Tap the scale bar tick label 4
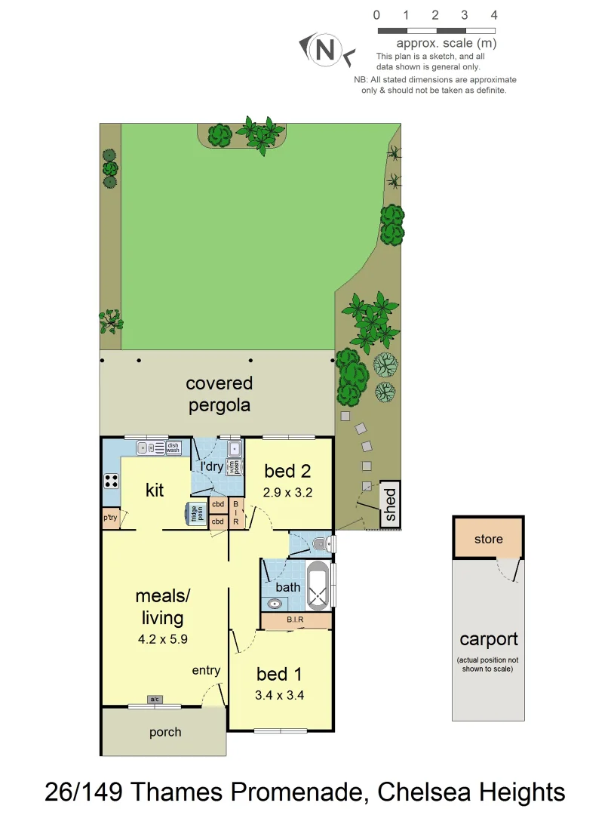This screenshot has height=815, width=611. (494, 15)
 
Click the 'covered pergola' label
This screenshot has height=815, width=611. (220, 394)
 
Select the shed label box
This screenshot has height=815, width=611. (390, 505)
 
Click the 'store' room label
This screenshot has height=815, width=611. (488, 539)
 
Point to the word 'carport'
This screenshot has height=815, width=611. (489, 640)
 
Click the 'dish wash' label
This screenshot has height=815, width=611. (173, 447)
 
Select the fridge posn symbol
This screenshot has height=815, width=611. (198, 513)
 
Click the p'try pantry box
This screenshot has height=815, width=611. (110, 518)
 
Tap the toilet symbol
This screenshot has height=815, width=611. (321, 542)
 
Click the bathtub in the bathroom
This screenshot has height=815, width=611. (318, 585)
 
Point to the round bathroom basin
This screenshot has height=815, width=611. (275, 603)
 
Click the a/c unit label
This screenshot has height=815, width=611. (155, 700)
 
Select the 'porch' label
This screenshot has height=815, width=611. (164, 732)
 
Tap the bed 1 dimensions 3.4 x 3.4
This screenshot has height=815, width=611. (281, 695)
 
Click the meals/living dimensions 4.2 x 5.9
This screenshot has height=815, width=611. (162, 638)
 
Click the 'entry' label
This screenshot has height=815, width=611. (206, 670)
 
